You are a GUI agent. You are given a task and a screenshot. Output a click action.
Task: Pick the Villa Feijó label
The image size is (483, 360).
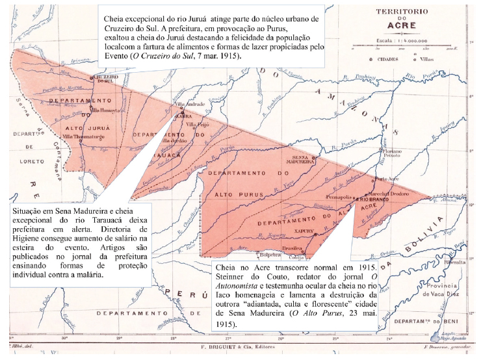tap(200, 123)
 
